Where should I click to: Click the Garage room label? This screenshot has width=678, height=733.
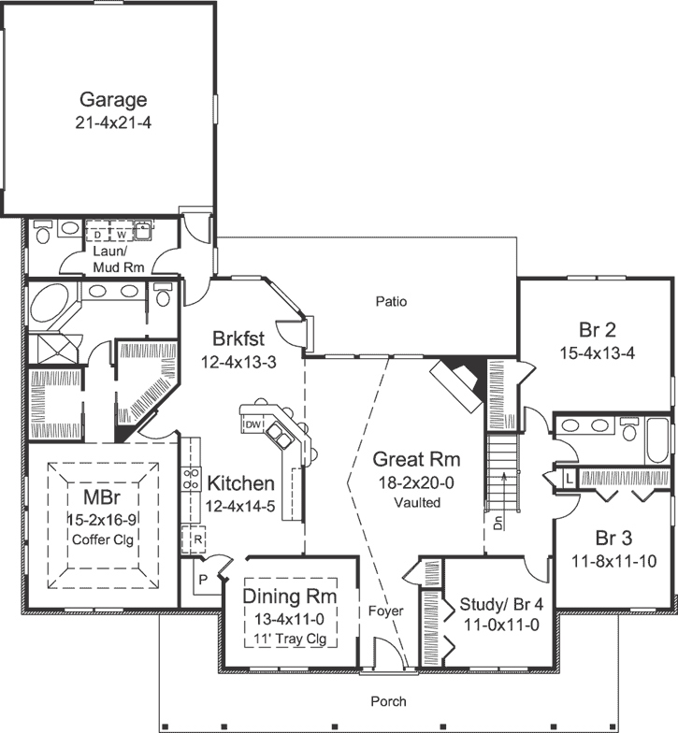point(112,99)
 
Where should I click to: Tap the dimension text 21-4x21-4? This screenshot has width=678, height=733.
point(112,122)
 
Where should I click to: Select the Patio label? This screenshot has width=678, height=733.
point(391,302)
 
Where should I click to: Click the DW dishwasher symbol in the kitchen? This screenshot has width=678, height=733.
point(251,425)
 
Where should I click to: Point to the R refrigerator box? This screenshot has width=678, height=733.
point(198,539)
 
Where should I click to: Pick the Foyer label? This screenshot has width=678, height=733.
point(385,611)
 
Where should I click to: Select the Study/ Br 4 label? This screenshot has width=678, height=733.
point(498,604)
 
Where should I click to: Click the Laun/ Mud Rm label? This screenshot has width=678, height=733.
point(118,260)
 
